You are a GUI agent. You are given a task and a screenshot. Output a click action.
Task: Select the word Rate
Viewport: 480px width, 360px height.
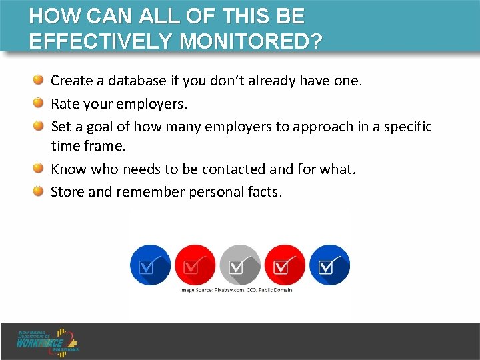(x=65, y=104)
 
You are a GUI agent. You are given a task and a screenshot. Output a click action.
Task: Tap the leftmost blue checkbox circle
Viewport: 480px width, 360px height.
(x=150, y=265)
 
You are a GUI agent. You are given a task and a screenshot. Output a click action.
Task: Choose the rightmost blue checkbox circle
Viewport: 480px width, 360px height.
(x=329, y=265)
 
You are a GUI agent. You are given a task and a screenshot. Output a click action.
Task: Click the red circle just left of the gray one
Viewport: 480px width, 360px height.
(x=195, y=265)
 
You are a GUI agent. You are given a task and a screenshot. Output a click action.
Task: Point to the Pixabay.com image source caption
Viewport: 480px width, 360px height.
(x=237, y=290)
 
